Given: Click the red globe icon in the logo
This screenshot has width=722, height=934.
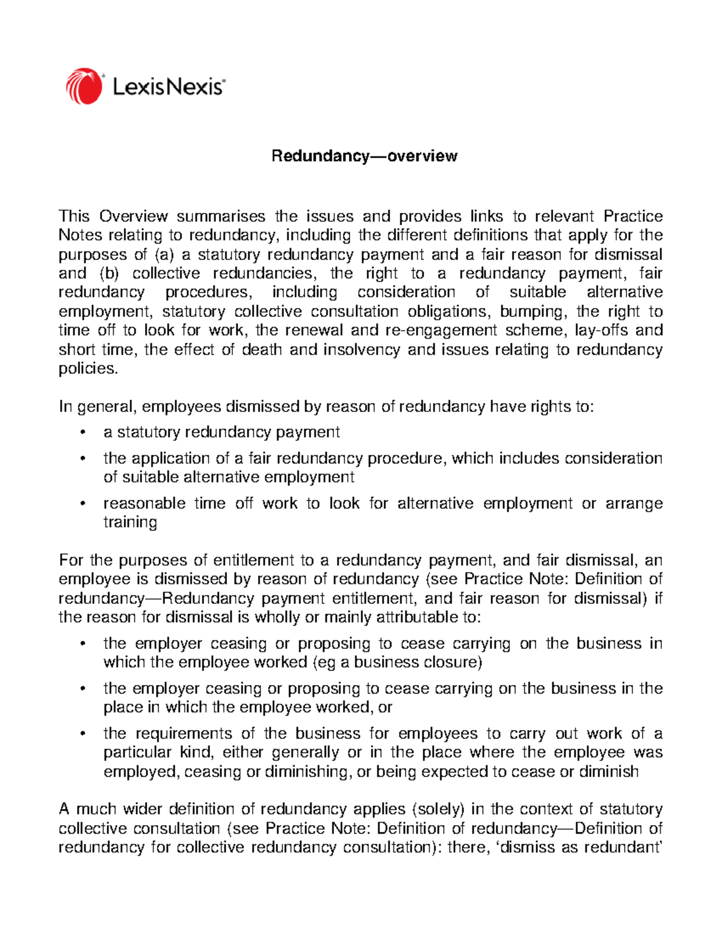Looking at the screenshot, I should point(84,86).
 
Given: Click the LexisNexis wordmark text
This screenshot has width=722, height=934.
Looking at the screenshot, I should point(168,87).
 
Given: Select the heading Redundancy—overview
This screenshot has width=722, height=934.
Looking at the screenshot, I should point(364,156).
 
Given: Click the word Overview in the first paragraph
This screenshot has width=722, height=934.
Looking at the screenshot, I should point(134,217).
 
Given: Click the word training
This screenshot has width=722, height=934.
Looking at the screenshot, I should point(130,522).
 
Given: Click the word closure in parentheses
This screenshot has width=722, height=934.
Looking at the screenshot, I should point(456,662).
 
